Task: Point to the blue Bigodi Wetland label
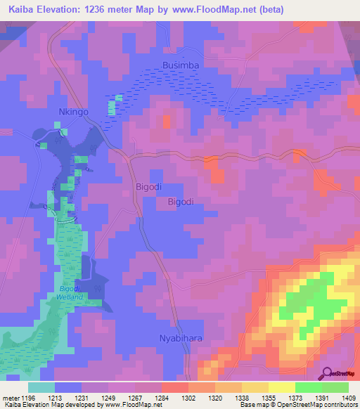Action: coord(71,293)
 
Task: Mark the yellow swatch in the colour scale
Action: coord(281,387)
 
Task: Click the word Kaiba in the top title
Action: coord(20,10)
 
